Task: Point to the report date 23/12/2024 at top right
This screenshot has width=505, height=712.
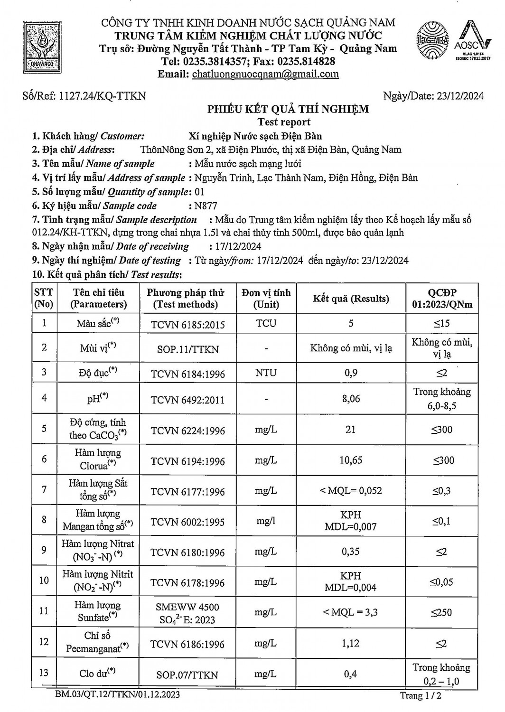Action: [x=458, y=96]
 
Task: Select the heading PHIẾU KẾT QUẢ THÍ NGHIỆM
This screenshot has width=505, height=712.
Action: [x=288, y=110]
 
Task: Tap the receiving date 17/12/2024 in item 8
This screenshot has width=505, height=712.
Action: [x=235, y=246]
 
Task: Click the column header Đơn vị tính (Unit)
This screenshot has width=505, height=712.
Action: [x=266, y=299]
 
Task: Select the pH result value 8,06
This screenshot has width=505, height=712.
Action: [x=351, y=399]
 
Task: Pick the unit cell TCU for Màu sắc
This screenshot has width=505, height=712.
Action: [x=266, y=323]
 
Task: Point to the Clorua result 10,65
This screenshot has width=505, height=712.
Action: [x=351, y=460]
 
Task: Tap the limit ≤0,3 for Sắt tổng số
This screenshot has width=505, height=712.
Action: [x=441, y=491]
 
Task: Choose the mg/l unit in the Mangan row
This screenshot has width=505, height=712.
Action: [x=266, y=521]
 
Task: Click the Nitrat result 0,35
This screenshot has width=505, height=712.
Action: [x=351, y=552]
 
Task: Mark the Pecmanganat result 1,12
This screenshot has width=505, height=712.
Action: [x=351, y=644]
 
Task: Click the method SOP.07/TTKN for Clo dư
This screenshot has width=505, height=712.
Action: [x=187, y=675]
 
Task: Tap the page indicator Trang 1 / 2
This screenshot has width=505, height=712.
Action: [x=421, y=696]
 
